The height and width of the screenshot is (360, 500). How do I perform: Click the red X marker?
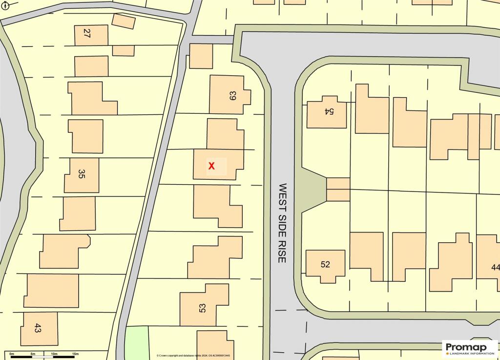pyautogui.click(x=211, y=166)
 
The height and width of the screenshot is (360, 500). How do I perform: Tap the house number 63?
pyautogui.click(x=232, y=96)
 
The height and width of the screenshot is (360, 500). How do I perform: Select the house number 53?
pyautogui.click(x=202, y=308)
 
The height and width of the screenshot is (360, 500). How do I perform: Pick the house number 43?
pyautogui.click(x=38, y=328)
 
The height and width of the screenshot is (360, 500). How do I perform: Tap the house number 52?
pyautogui.click(x=325, y=264)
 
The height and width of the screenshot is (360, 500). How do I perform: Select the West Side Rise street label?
pyautogui.click(x=282, y=223)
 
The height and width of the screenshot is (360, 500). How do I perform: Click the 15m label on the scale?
pyautogui.click(x=75, y=354)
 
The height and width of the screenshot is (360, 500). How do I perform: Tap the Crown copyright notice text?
pyautogui.click(x=193, y=356)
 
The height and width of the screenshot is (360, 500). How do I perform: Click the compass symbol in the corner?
pyautogui.click(x=5, y=6)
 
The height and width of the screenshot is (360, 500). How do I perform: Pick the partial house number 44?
pyautogui.click(x=496, y=267)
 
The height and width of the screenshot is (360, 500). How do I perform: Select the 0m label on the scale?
pyautogui.click(x=12, y=354)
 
